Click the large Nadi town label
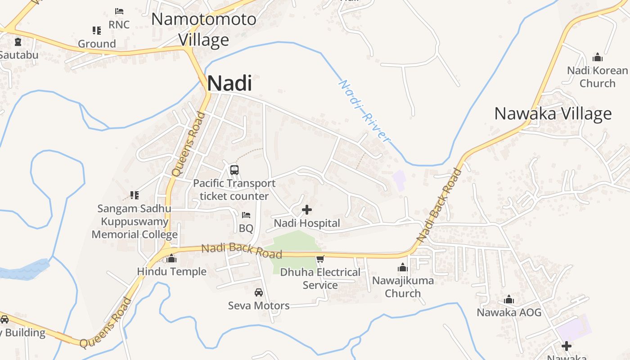click(x=229, y=83)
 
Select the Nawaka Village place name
click(x=553, y=113)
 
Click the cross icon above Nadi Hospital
click(x=307, y=210)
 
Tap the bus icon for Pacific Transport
click(x=234, y=170)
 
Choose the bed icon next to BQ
click(x=246, y=215)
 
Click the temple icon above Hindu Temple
click(x=171, y=258)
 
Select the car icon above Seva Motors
click(x=259, y=292)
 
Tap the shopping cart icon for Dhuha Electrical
click(x=320, y=259)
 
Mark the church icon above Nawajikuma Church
click(x=403, y=268)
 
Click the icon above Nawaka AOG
click(x=509, y=299)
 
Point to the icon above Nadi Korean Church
click(x=598, y=57)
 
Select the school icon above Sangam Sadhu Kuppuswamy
click(x=134, y=195)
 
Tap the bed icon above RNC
click(x=119, y=11)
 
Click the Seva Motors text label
click(x=259, y=306)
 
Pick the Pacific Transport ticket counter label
click(x=234, y=189)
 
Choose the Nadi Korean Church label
click(x=597, y=77)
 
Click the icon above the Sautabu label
click(x=18, y=42)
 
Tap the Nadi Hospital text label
click(x=307, y=223)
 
